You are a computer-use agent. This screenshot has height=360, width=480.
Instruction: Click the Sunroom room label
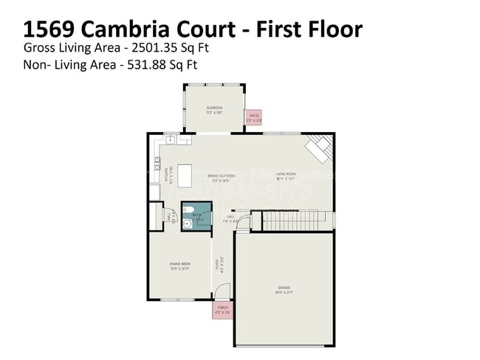click(x=214, y=109)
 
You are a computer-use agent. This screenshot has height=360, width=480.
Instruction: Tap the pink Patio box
click(x=253, y=117)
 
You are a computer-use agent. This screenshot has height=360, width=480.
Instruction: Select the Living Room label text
click(x=285, y=176)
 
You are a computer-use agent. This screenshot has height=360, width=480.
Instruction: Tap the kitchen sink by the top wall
click(x=169, y=138)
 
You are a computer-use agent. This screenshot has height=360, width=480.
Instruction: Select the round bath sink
click(x=188, y=224)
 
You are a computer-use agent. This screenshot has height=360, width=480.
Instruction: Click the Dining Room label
click(x=179, y=266)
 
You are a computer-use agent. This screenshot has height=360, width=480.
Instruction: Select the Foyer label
click(x=218, y=265)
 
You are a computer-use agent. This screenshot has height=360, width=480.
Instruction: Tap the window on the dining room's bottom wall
click(x=178, y=300)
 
